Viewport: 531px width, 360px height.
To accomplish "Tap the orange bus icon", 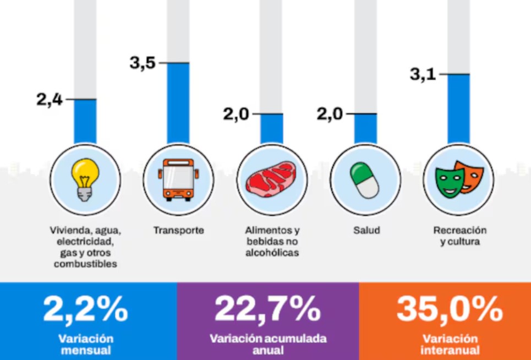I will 178,179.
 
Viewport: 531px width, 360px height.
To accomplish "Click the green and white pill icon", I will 365,180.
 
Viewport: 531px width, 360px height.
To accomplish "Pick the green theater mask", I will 449,183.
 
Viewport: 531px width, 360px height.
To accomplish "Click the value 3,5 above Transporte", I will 143,63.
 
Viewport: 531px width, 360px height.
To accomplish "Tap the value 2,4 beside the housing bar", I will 50,100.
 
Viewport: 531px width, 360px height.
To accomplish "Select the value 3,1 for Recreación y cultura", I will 423,74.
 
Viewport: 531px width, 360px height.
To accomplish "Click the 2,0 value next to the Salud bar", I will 330,114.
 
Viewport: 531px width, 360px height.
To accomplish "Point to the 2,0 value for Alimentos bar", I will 236,114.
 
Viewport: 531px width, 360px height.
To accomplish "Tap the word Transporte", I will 178,230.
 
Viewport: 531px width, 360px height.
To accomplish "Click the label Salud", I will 366,230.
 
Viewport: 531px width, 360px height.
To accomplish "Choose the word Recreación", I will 459,230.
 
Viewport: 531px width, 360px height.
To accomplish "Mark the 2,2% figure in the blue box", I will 85,309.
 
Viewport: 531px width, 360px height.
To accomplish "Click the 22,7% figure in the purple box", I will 267,309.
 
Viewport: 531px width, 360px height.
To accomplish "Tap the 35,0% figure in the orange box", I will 450,309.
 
